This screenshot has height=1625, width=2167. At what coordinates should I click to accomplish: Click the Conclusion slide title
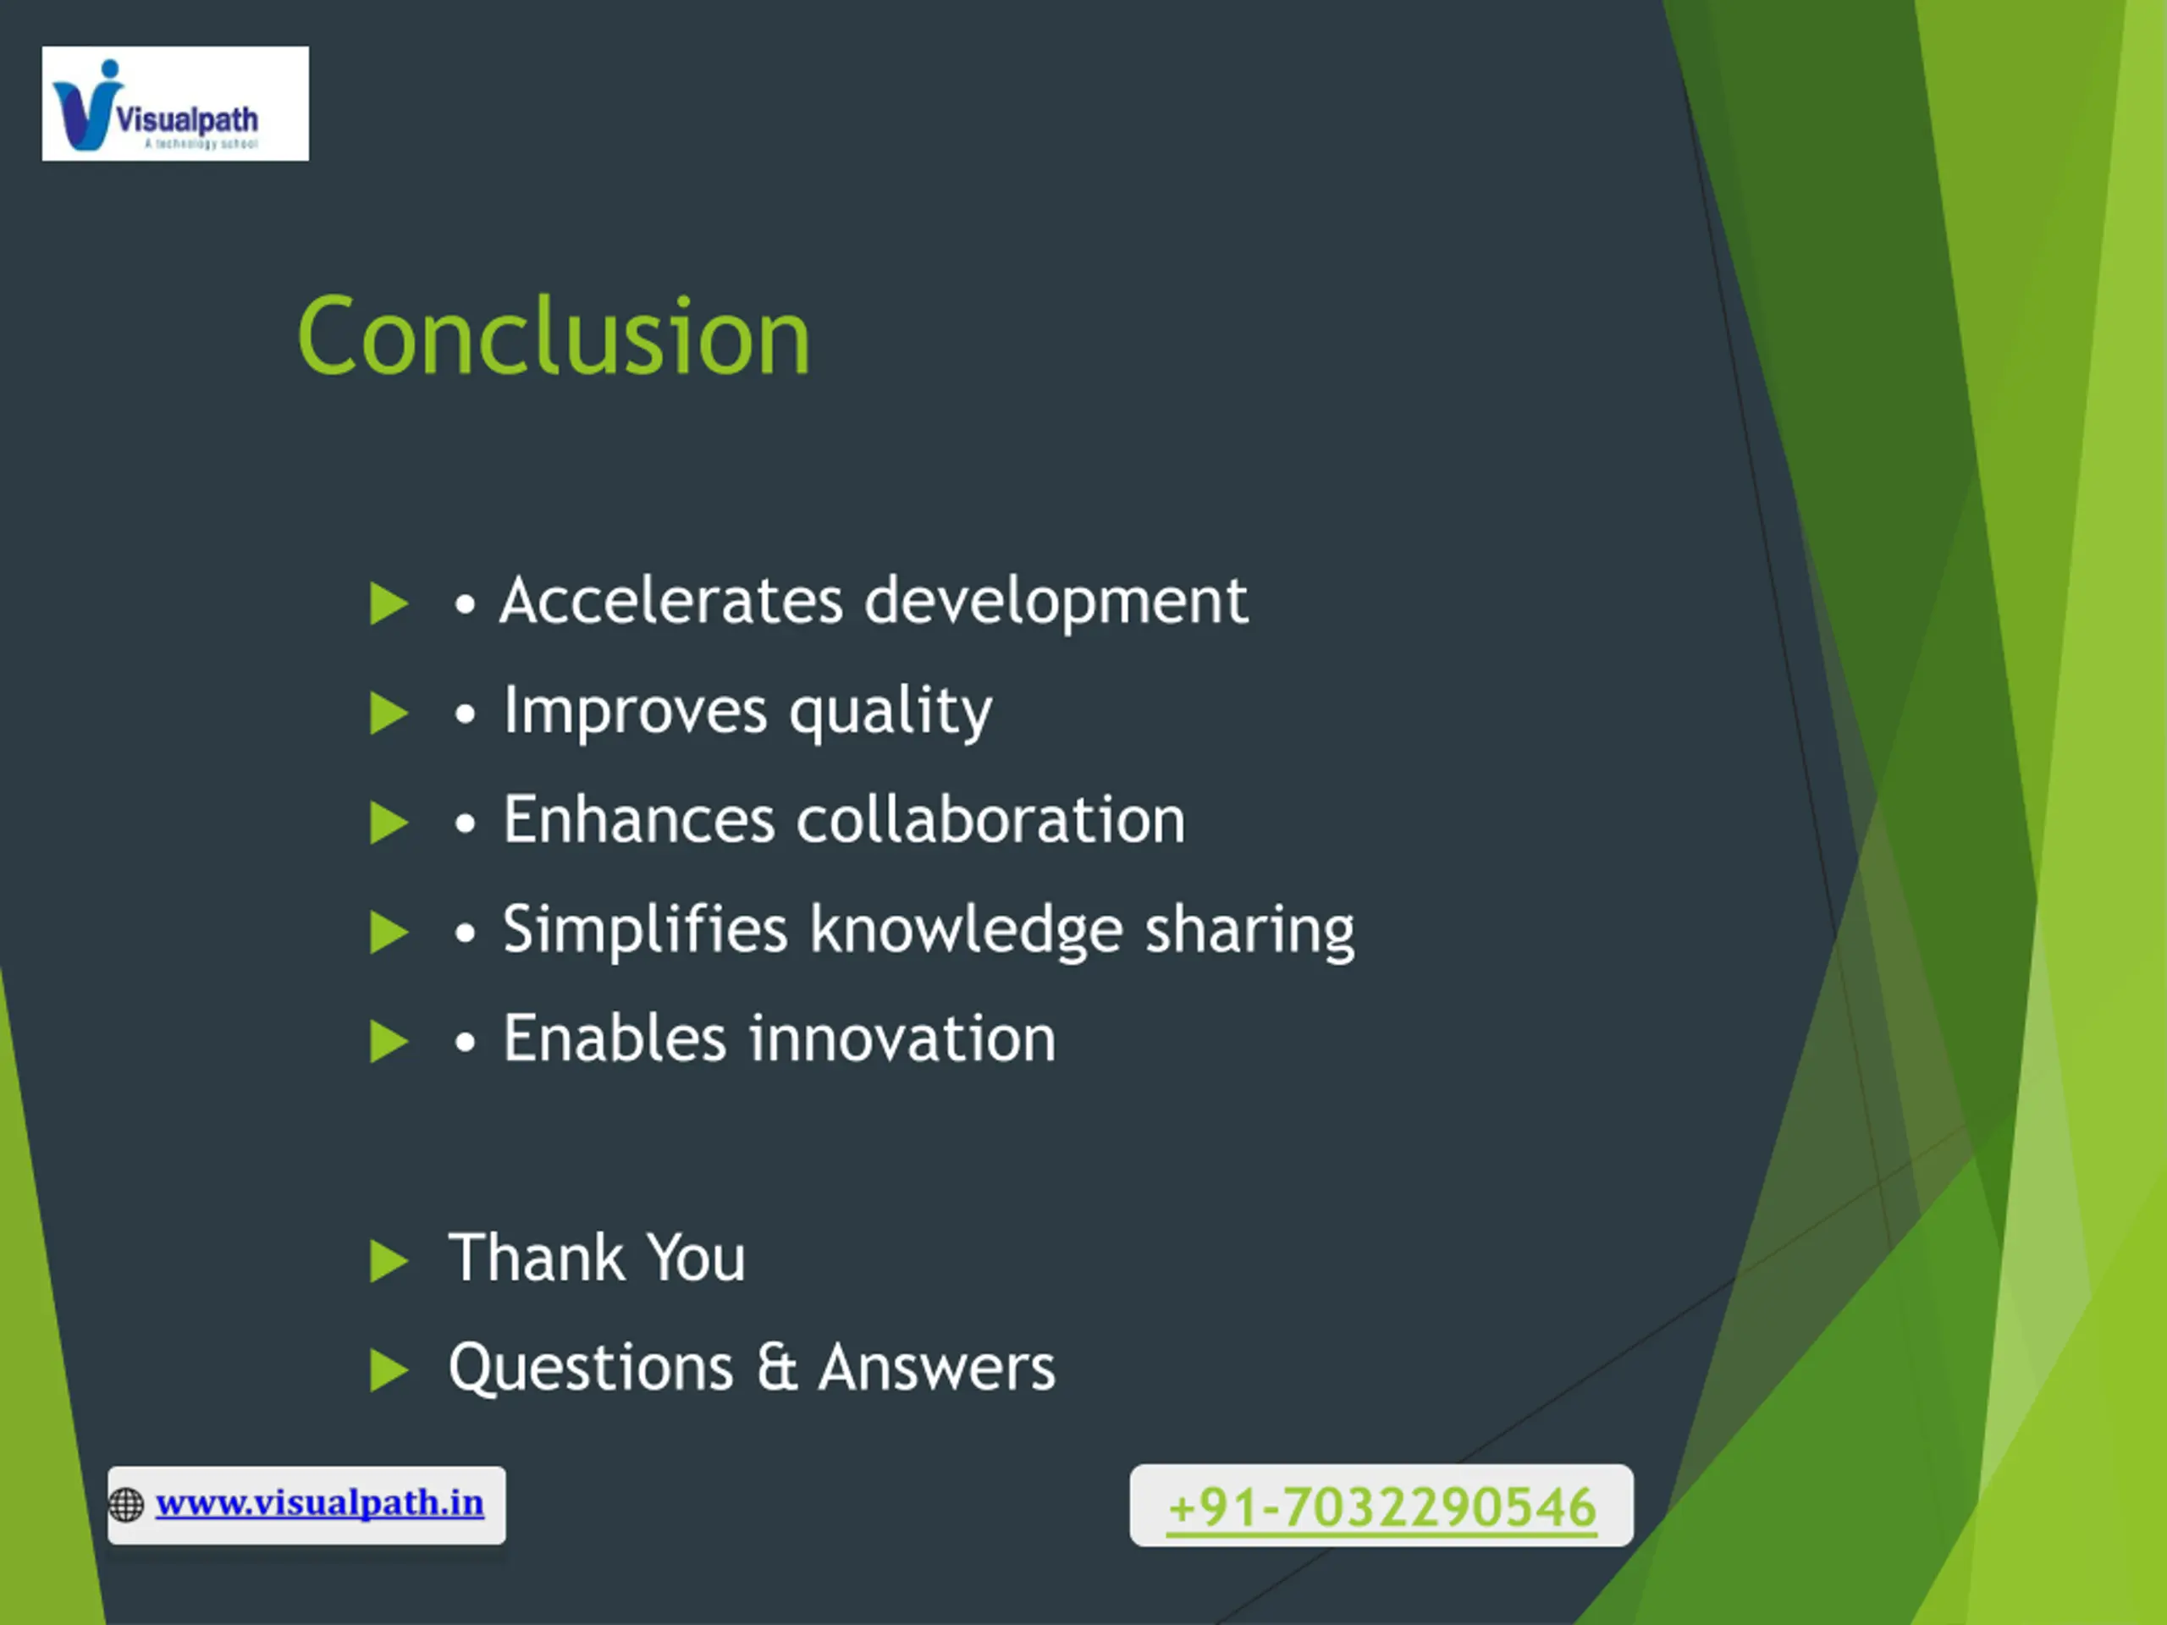pyautogui.click(x=554, y=336)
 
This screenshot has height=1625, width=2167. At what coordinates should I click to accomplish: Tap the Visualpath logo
pyautogui.click(x=175, y=104)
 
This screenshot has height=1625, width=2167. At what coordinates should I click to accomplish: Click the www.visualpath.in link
pyautogui.click(x=319, y=1502)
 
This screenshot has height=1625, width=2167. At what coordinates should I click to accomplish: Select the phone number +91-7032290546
pyautogui.click(x=1382, y=1507)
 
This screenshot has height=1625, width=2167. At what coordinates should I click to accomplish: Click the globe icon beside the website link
pyautogui.click(x=126, y=1505)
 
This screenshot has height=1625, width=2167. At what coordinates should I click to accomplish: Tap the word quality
pyautogui.click(x=891, y=712)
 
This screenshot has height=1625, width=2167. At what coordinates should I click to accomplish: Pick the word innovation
pyautogui.click(x=903, y=1038)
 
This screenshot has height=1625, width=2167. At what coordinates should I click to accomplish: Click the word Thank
pyautogui.click(x=536, y=1258)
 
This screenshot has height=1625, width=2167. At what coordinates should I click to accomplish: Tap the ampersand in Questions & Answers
pyautogui.click(x=777, y=1368)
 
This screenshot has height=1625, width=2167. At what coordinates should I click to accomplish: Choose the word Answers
pyautogui.click(x=938, y=1368)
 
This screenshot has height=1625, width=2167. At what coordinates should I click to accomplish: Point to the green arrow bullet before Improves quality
pyautogui.click(x=389, y=714)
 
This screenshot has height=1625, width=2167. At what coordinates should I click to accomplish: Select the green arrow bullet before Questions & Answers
pyautogui.click(x=389, y=1371)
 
